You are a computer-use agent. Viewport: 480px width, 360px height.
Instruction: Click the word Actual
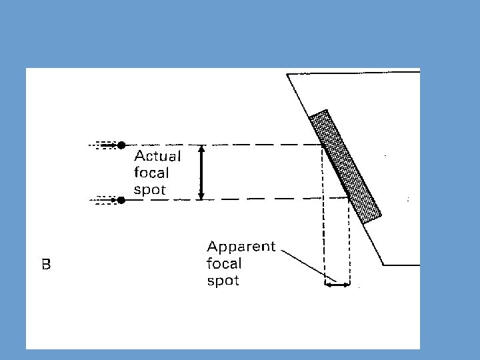(157, 157)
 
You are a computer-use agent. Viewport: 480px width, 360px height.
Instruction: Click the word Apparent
(241, 247)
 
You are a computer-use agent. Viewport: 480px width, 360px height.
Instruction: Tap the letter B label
(46, 265)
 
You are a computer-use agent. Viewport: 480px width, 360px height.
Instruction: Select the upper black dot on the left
(121, 144)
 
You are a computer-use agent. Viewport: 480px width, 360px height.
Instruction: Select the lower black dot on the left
(121, 199)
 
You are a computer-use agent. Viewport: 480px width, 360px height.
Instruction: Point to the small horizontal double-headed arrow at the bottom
(337, 285)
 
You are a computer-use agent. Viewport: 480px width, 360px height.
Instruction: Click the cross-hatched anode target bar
(345, 165)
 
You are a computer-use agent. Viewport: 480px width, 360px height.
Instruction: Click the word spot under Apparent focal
(223, 281)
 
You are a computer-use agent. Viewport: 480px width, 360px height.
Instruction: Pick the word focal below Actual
(152, 173)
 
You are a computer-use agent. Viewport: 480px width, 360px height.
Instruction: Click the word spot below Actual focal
(150, 190)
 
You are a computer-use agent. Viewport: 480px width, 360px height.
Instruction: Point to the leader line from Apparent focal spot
(307, 265)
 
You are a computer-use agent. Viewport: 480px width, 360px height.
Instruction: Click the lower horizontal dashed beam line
(267, 199)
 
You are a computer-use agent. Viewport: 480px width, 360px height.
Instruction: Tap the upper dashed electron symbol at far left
(104, 144)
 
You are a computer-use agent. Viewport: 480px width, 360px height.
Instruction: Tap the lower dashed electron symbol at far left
(104, 199)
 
